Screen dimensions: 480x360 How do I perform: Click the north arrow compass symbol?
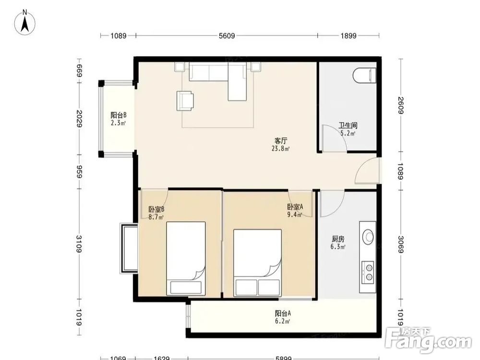(x=25, y=22)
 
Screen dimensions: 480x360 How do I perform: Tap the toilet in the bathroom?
(x=364, y=75)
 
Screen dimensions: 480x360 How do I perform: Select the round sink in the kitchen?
(x=368, y=237)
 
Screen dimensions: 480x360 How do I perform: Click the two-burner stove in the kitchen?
(x=368, y=272)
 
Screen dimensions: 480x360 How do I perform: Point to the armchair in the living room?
(x=185, y=101)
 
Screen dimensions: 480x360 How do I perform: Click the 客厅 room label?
(x=281, y=141)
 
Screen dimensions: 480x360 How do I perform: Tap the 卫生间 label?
(x=348, y=125)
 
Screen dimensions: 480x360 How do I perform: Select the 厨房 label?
(x=338, y=239)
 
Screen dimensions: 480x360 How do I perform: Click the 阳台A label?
(x=283, y=313)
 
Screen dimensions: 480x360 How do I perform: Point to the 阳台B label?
(x=119, y=115)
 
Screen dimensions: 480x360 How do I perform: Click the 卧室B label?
(x=156, y=210)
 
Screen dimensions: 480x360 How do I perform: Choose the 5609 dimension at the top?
(x=227, y=36)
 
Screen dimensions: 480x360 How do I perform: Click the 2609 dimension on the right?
(x=401, y=105)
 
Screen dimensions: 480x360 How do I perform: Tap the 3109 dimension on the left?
(x=79, y=244)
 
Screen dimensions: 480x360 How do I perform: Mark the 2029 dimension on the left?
(x=79, y=119)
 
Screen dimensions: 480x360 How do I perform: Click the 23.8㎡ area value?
(x=280, y=149)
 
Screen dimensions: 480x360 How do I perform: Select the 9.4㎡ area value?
(x=295, y=215)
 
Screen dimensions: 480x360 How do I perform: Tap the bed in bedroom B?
(x=186, y=259)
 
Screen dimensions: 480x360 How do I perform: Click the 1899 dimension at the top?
(x=348, y=36)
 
